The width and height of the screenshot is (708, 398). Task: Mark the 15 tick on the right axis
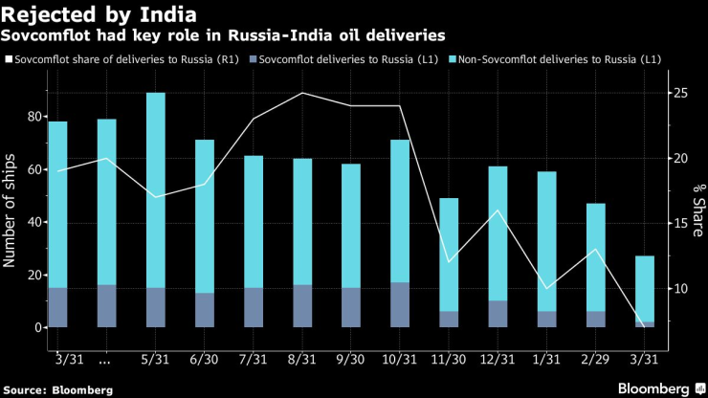680,224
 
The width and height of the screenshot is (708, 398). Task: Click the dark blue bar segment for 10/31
400,305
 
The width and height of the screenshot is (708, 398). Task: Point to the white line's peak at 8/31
302,94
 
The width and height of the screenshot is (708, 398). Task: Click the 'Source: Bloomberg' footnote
56,389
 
